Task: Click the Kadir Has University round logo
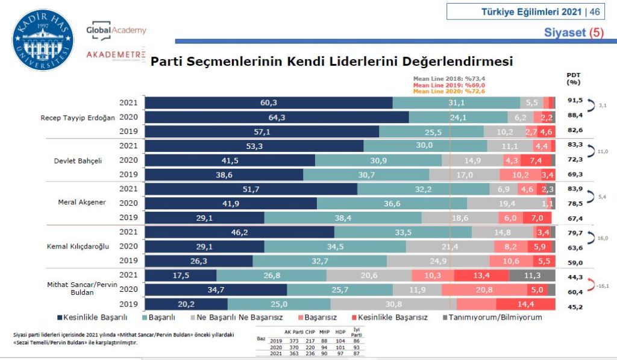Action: pos(43,40)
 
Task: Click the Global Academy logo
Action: pos(116,30)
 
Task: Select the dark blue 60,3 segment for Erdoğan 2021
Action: pos(269,103)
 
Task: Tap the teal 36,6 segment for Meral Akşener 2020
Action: pos(392,203)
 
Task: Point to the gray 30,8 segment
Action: pos(393,304)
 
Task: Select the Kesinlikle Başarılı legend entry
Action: pos(95,317)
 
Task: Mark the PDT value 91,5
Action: pos(575,100)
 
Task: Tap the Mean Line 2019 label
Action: pos(441,85)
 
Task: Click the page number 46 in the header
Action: pos(595,11)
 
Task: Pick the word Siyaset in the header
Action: pos(565,33)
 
